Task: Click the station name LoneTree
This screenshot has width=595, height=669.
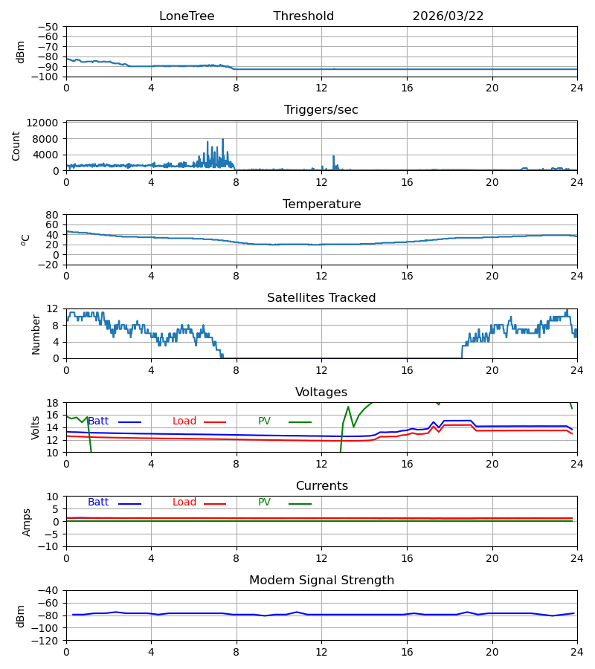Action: click(187, 16)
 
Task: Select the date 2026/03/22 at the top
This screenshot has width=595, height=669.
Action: click(448, 16)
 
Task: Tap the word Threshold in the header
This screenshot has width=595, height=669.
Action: click(303, 16)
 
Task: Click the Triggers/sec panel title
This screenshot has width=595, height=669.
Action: click(321, 110)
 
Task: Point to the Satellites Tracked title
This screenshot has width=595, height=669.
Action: click(321, 298)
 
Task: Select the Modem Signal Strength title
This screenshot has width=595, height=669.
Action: click(321, 581)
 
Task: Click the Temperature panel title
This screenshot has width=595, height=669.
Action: click(321, 204)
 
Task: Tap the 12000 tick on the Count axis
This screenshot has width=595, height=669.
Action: click(42, 123)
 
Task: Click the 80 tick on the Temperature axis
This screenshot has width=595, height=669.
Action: click(52, 215)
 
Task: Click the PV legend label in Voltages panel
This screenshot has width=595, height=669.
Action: click(264, 421)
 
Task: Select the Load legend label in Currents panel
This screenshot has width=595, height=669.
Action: click(184, 502)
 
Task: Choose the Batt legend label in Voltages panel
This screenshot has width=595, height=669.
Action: click(98, 421)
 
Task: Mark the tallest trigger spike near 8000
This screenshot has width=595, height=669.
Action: click(222, 140)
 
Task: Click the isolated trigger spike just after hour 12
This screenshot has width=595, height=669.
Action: click(334, 157)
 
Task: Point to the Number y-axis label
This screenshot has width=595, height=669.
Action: click(36, 335)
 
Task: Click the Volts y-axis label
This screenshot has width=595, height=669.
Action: click(36, 428)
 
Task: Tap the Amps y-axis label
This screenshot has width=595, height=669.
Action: click(27, 523)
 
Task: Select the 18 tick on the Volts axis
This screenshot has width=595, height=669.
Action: click(52, 403)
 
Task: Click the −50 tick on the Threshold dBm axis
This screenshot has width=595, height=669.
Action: click(48, 27)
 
